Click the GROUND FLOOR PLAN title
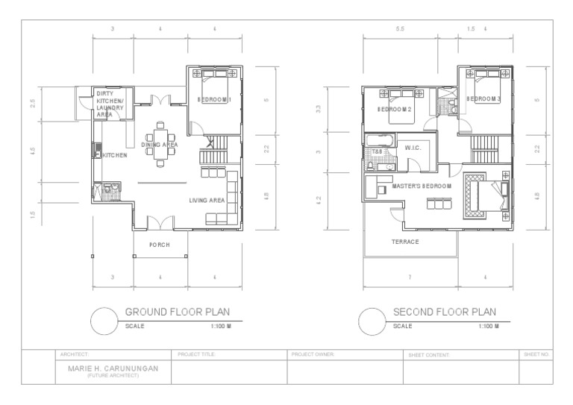click(x=177, y=312)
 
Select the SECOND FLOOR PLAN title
click(x=445, y=312)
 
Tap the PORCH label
click(x=159, y=245)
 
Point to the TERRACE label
click(x=406, y=242)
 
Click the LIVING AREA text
click(x=207, y=200)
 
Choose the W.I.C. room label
click(x=413, y=148)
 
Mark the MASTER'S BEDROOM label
click(x=422, y=186)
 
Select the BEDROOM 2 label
click(x=395, y=109)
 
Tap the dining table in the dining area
click(x=160, y=140)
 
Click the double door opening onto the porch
click(x=159, y=223)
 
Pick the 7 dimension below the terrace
click(x=410, y=278)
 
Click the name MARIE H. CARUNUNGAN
click(x=113, y=368)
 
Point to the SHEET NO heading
click(x=536, y=354)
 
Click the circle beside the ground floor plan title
click(x=104, y=321)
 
